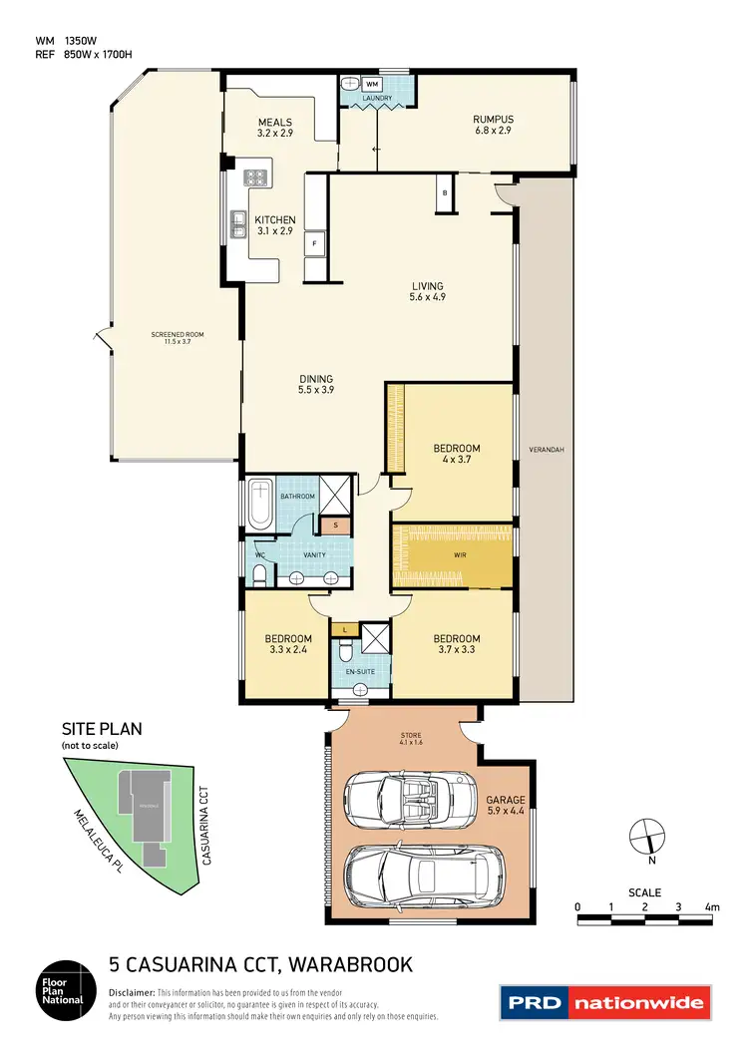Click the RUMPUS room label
(x=492, y=119)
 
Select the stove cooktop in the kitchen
(x=255, y=178)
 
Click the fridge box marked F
(x=315, y=242)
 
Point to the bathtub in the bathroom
(x=260, y=505)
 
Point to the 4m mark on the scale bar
(x=711, y=906)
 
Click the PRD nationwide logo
(x=605, y=1002)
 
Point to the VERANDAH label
(x=547, y=450)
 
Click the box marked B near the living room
(x=444, y=192)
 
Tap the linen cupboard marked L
(x=345, y=629)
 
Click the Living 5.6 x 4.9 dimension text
(x=426, y=297)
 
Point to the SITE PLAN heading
(x=102, y=729)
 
